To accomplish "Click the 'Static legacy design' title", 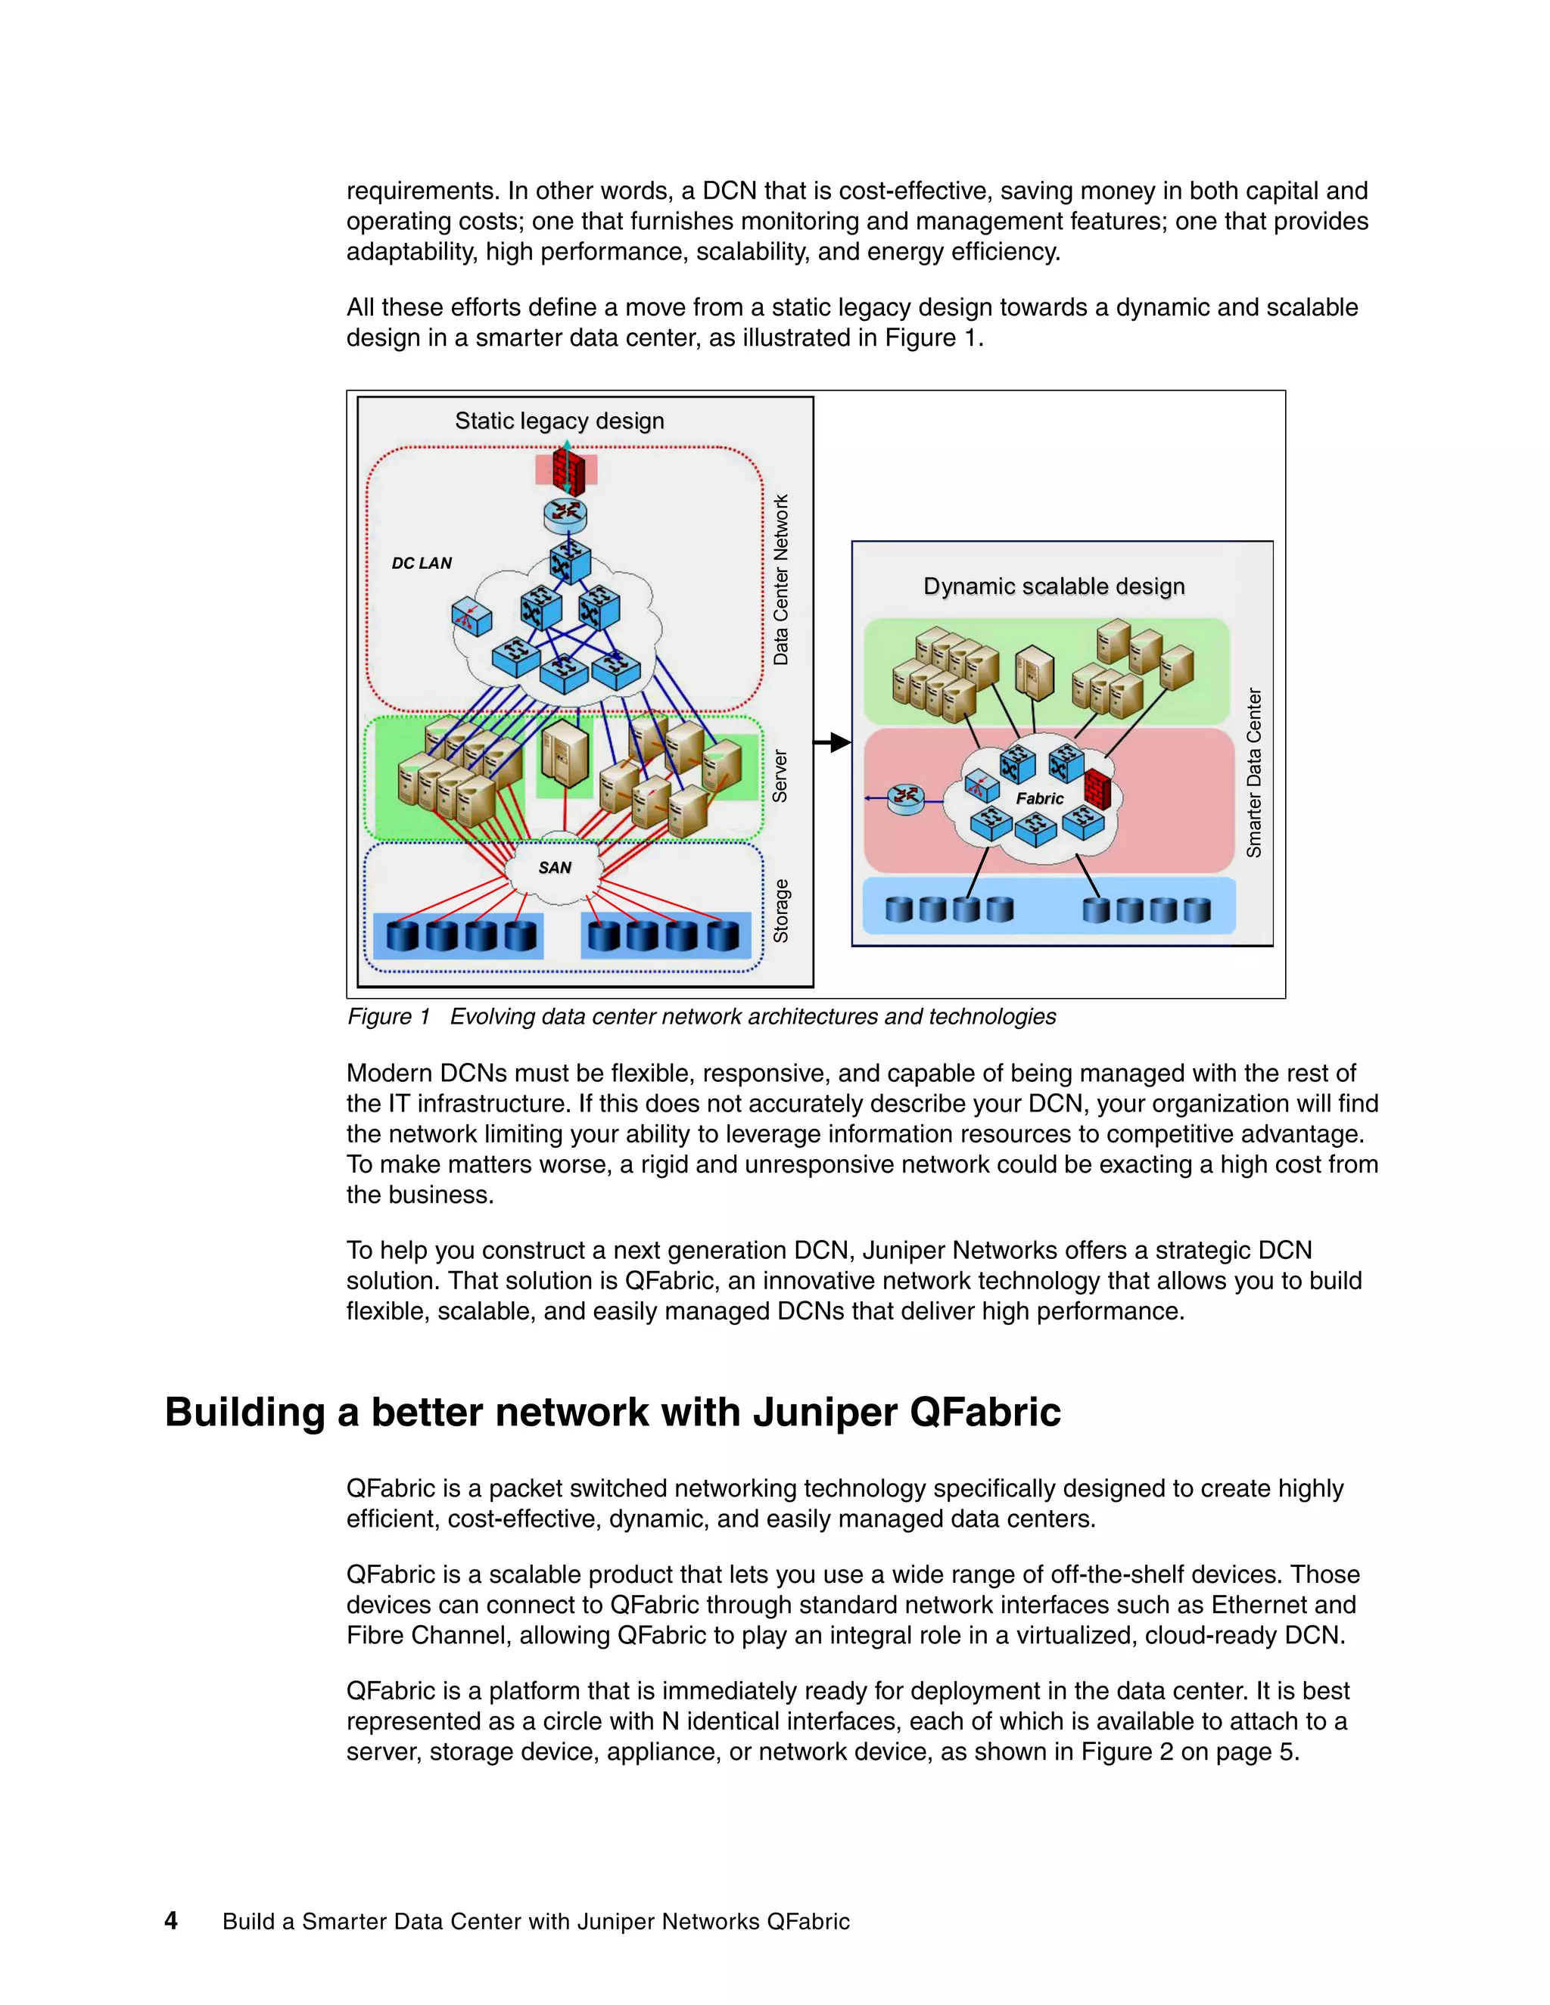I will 559,421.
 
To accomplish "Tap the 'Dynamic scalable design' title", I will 1054,586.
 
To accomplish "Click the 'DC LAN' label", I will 422,563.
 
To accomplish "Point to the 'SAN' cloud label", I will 555,868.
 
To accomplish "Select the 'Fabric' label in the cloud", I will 1039,799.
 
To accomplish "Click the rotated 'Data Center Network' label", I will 780,580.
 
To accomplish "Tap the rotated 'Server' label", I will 780,777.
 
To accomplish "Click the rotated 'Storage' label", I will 780,911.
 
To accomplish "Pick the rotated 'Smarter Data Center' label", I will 1253,773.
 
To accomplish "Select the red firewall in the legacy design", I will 568,471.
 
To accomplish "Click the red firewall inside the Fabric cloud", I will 1097,789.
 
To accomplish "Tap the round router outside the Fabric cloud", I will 905,797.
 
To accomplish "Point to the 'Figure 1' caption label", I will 388,1016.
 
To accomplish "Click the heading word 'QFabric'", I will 985,1412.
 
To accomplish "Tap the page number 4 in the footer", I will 171,1920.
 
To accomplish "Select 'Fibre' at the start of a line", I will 375,1635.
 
